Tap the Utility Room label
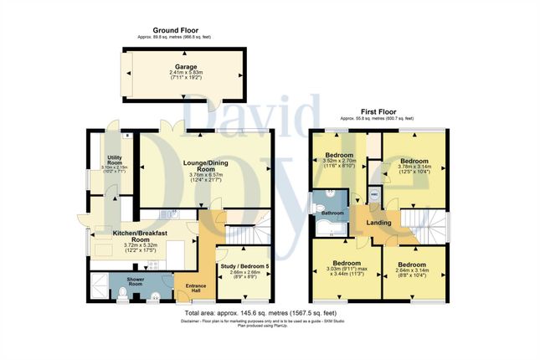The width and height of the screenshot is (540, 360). coord(113,160)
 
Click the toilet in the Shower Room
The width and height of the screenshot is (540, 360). coord(123,294)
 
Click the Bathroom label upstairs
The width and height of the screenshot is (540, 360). coord(327,213)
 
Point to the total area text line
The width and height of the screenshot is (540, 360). coord(269,313)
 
